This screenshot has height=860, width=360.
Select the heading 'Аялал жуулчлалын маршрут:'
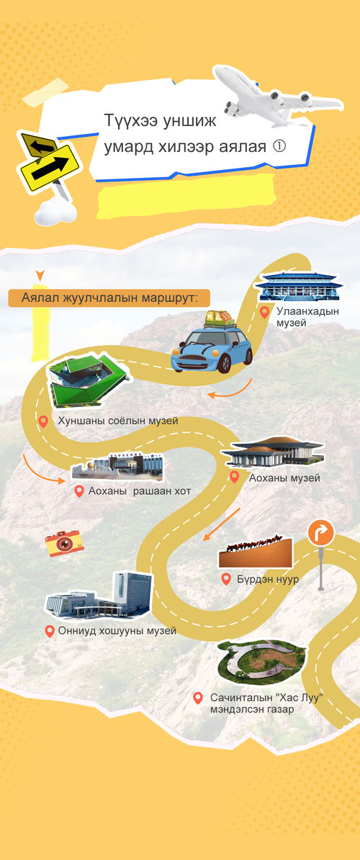(109, 298)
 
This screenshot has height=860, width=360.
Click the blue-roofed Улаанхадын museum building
(299, 285)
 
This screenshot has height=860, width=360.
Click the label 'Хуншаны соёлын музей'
(118, 421)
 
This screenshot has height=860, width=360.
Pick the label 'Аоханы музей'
(284, 478)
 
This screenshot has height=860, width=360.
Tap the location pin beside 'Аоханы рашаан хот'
(79, 491)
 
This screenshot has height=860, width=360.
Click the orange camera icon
(64, 543)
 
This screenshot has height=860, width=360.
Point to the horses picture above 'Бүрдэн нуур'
(256, 552)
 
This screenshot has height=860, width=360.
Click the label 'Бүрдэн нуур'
(267, 579)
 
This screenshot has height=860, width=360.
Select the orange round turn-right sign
(320, 533)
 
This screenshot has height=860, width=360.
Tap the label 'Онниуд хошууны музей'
(117, 631)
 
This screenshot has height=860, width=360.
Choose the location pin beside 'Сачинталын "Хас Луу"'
(198, 698)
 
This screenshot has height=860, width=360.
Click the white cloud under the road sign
(55, 212)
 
